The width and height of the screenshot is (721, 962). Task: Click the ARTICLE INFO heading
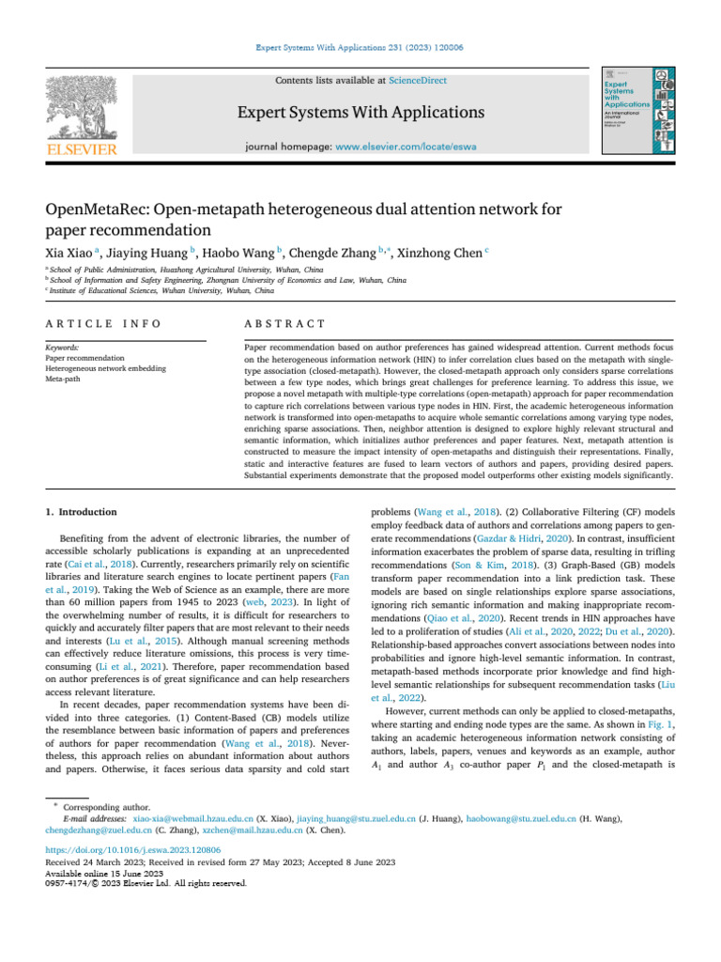(103, 323)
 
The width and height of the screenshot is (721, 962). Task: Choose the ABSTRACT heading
(284, 323)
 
